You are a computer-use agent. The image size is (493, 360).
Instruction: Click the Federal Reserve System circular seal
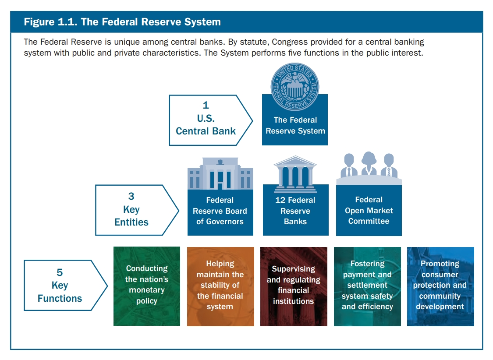coord(295,86)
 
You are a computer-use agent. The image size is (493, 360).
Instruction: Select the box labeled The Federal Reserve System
coord(295,125)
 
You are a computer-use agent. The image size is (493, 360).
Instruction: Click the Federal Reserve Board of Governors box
coord(220,211)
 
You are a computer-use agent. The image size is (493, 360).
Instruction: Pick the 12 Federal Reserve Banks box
coord(295,211)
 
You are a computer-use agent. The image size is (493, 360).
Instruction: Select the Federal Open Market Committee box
coord(369,211)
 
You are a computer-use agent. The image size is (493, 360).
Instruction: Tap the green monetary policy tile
coord(147,286)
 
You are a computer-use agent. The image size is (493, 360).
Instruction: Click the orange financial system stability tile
coord(220,286)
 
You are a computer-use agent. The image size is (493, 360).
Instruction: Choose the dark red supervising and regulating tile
coord(294,286)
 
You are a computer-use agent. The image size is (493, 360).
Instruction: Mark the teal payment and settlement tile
coord(367,286)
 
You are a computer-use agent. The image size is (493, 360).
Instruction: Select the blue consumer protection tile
coord(440,286)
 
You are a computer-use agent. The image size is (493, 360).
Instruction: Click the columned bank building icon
coord(295,173)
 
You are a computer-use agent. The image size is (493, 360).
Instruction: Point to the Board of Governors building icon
coord(220,173)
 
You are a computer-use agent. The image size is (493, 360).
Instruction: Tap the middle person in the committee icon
coord(369,164)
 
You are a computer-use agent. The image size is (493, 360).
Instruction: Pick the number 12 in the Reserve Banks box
coord(280,200)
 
